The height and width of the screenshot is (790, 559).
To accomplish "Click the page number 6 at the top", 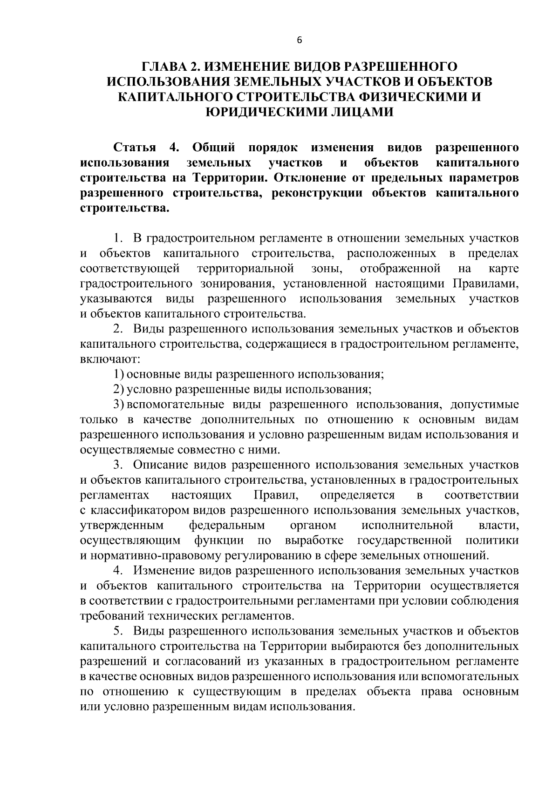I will pos(300,41).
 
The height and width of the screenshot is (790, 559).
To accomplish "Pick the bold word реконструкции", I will pos(314,193).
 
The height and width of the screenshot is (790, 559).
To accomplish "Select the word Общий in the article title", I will pos(213,148).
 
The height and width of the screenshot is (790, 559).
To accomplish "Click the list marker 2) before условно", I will pos(119,389).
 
